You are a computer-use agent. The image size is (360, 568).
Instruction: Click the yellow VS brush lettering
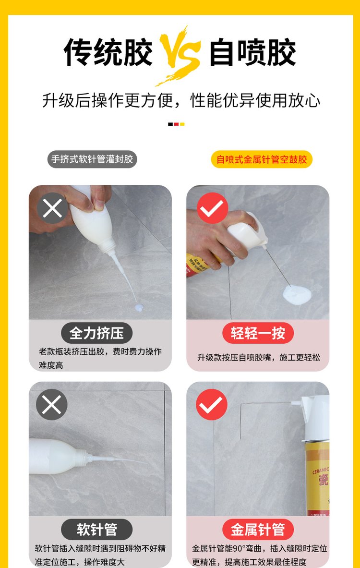click(x=180, y=54)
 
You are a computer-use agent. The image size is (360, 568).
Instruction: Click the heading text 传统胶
click(x=108, y=52)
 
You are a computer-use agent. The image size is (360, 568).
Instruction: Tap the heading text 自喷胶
click(x=252, y=52)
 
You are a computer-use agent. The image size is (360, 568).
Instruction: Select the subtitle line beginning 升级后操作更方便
click(x=181, y=100)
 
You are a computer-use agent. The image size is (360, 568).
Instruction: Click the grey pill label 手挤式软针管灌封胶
click(x=92, y=159)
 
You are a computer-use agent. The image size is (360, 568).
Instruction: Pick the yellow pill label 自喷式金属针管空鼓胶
click(x=262, y=159)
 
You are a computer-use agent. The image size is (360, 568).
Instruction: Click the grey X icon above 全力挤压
click(x=52, y=208)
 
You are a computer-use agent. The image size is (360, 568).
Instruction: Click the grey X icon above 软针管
click(x=52, y=405)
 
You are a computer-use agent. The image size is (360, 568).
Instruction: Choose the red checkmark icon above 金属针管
click(x=212, y=405)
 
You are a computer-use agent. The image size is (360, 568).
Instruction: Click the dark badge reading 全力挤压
click(x=96, y=333)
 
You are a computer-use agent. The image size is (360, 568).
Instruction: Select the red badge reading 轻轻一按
click(x=258, y=333)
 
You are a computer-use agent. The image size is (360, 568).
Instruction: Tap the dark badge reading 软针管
click(x=96, y=529)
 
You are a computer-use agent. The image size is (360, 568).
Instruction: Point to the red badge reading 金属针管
click(x=258, y=529)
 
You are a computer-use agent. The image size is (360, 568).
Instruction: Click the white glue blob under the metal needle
click(x=296, y=294)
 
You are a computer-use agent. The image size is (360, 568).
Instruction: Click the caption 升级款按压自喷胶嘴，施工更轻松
click(x=258, y=358)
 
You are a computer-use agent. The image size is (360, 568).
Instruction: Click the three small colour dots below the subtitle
click(x=176, y=124)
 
